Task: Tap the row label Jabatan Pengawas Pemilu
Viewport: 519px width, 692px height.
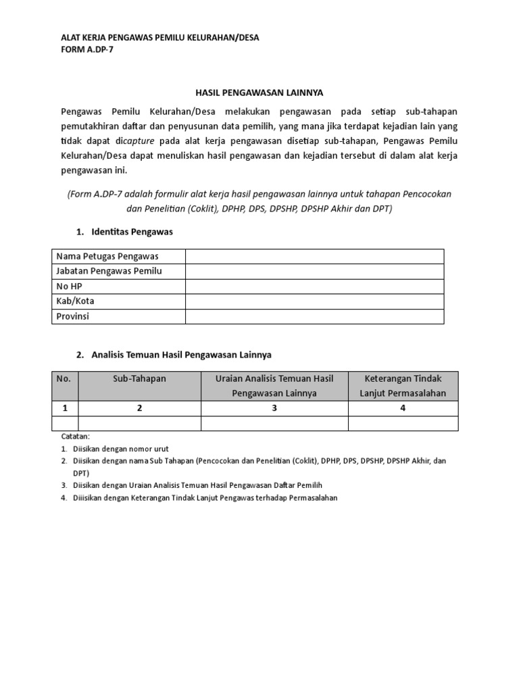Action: click(x=109, y=271)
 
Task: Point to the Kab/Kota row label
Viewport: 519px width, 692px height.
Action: click(x=75, y=301)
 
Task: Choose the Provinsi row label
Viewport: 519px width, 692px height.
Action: click(x=72, y=316)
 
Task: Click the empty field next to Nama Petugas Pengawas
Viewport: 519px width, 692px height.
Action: click(x=314, y=256)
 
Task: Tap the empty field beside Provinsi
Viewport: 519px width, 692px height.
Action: click(x=314, y=316)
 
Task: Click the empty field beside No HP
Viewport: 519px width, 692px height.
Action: click(x=314, y=286)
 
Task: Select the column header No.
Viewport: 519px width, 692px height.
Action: click(x=64, y=378)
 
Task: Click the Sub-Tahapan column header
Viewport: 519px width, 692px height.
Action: click(x=139, y=378)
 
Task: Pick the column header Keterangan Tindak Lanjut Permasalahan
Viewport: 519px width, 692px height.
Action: click(x=403, y=386)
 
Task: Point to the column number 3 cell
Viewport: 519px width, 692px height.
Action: click(x=274, y=408)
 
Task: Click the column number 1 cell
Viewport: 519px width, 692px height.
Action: click(x=65, y=408)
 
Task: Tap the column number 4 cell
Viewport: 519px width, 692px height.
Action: click(x=403, y=408)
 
